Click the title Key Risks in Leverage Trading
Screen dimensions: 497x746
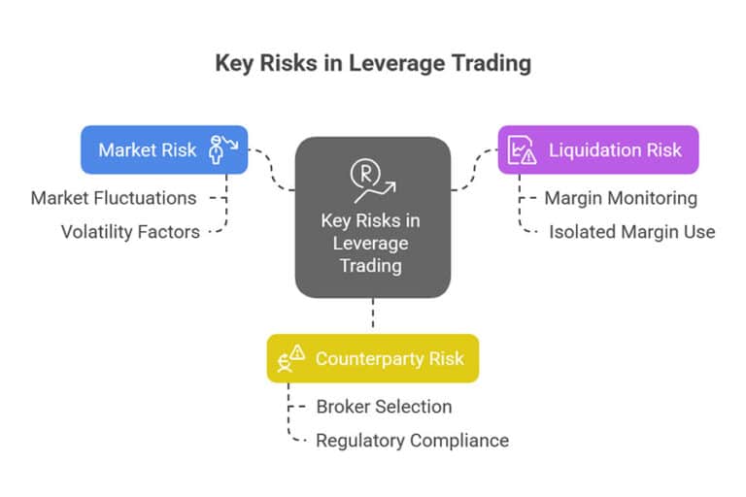click(x=373, y=63)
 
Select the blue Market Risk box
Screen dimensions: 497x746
click(x=163, y=149)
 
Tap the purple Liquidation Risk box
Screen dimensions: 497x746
click(x=597, y=149)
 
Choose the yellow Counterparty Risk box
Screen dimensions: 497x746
click(x=373, y=358)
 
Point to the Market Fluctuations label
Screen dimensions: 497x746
click(x=114, y=198)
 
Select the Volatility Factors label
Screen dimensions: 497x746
click(x=130, y=232)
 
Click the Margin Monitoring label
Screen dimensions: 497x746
click(x=620, y=198)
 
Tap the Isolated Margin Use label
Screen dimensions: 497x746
click(x=631, y=232)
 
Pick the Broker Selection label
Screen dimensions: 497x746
click(x=384, y=406)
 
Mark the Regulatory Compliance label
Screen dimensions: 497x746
click(x=412, y=440)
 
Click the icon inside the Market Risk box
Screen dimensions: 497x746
click(x=222, y=149)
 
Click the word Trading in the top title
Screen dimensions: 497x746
click(x=494, y=63)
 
